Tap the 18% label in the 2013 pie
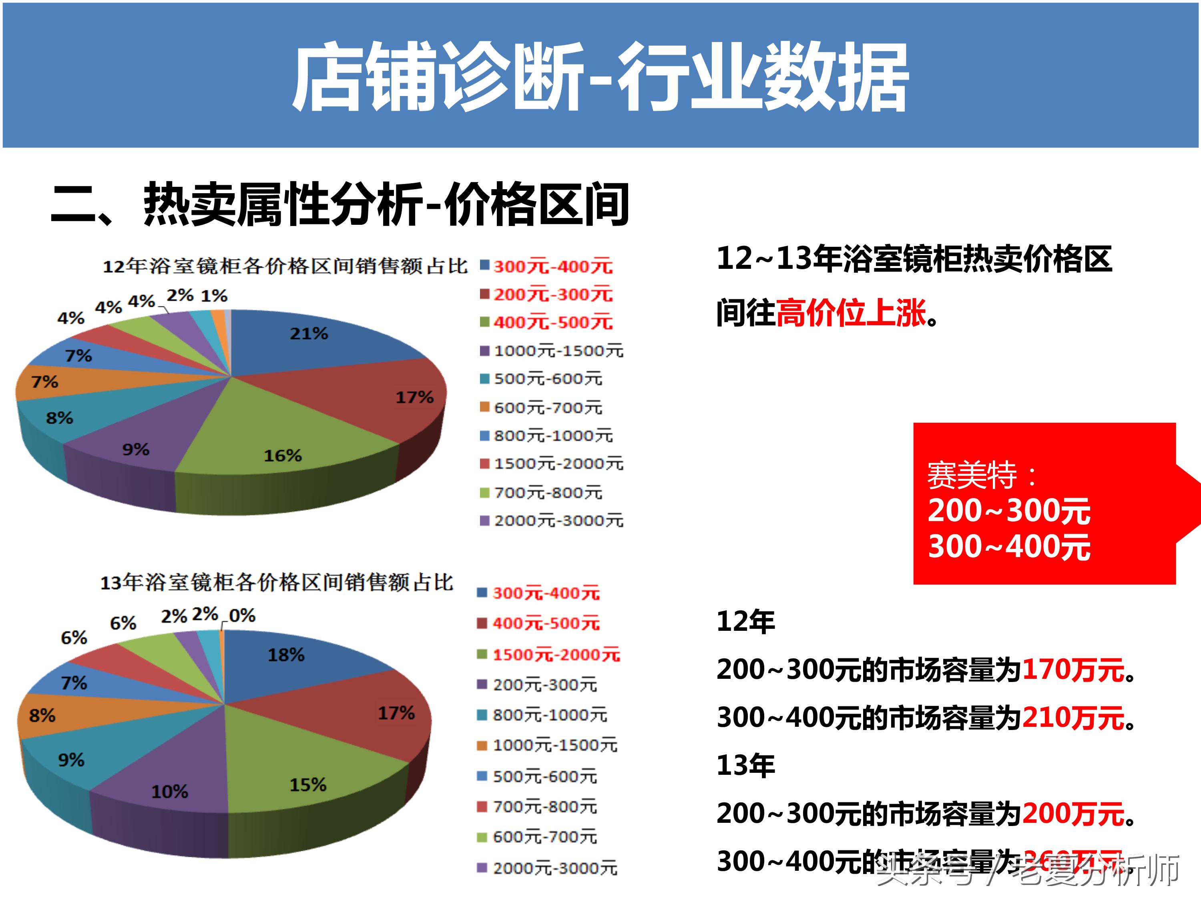(x=286, y=655)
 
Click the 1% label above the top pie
(x=215, y=296)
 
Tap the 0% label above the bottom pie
(x=242, y=615)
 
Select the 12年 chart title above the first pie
(x=285, y=266)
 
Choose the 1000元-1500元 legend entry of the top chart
(x=558, y=351)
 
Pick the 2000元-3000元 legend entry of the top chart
(x=558, y=521)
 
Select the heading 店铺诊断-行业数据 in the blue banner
(x=600, y=77)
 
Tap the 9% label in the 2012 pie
(x=136, y=449)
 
